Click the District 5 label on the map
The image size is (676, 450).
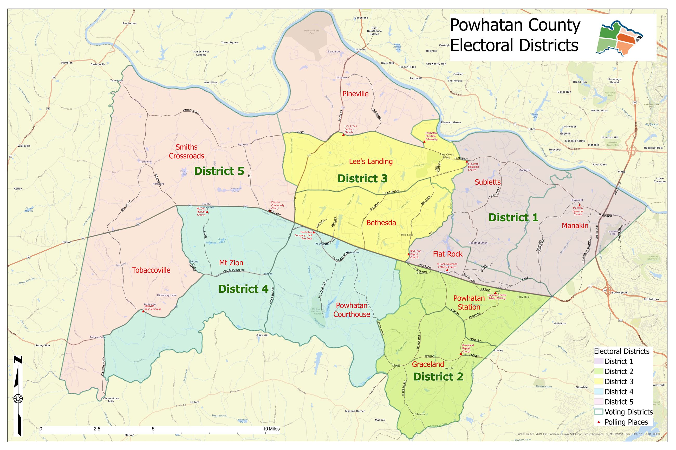point(219,171)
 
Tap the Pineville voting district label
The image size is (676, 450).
point(355,94)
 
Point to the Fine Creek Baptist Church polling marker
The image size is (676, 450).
point(343,134)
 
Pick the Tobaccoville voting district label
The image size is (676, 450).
point(151,270)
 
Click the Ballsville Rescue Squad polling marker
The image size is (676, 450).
point(143,311)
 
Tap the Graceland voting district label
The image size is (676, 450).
point(428,364)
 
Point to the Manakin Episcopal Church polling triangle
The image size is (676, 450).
point(579,205)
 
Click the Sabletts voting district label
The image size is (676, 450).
point(487,182)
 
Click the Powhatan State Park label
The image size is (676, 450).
point(312,32)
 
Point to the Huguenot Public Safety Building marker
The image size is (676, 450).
point(495,293)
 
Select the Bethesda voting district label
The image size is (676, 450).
point(381,223)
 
